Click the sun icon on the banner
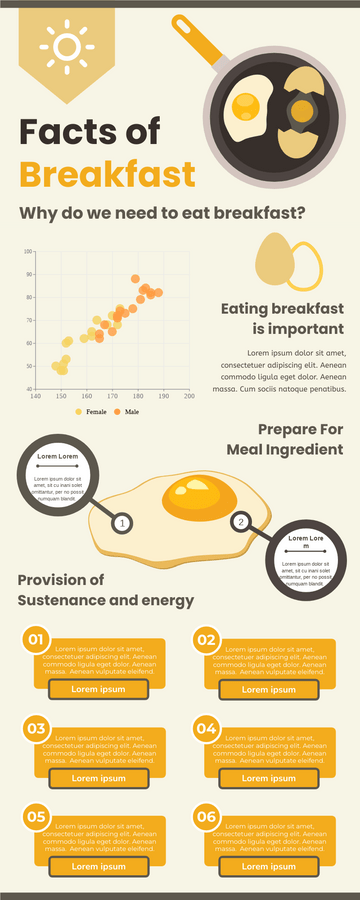(x=67, y=45)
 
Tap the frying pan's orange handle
(x=199, y=38)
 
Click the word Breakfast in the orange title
(x=107, y=174)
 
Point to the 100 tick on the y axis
(x=28, y=252)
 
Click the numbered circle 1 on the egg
(x=121, y=523)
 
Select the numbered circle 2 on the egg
(x=240, y=521)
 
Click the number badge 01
(x=35, y=639)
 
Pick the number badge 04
(x=206, y=727)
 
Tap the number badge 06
(x=206, y=817)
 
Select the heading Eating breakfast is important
(x=282, y=318)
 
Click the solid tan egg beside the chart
(x=275, y=258)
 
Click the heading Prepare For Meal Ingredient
(x=285, y=440)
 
